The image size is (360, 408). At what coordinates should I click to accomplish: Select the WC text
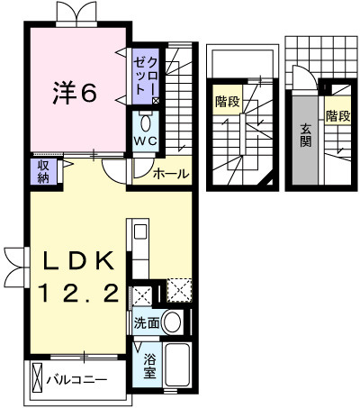146,141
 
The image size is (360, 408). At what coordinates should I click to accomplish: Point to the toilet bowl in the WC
146,122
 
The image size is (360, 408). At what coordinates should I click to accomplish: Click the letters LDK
79,261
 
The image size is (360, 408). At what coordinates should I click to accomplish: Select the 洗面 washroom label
147,321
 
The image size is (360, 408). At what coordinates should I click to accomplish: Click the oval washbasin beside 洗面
172,322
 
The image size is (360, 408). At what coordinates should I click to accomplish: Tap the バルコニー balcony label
77,379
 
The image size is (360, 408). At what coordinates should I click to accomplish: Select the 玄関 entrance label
305,134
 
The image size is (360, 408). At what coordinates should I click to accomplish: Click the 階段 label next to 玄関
337,115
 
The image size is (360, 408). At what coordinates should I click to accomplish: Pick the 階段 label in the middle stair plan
227,102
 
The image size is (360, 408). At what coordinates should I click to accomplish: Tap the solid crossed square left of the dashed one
142,295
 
